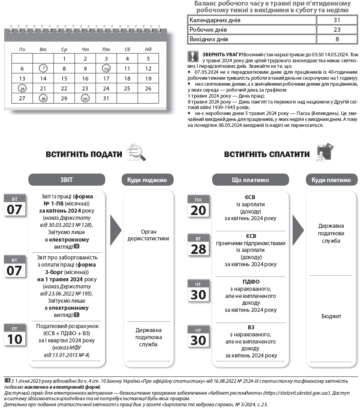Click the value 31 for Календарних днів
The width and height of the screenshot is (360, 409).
(x=337, y=20)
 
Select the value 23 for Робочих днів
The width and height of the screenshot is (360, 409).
(x=337, y=29)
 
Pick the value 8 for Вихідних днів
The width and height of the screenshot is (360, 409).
(x=337, y=39)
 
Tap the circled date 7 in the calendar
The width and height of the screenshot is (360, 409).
(x=43, y=68)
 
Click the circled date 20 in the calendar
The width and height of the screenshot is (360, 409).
(x=22, y=88)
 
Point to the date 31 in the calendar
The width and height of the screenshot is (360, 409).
(x=106, y=98)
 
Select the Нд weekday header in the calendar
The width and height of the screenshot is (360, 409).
(x=148, y=49)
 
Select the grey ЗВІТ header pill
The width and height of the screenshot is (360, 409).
(x=67, y=180)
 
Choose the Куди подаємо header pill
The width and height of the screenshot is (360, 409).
(x=147, y=180)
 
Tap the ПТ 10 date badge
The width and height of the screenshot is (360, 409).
(x=15, y=335)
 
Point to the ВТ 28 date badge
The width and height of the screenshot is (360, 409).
(x=198, y=246)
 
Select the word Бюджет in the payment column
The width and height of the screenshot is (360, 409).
(x=331, y=316)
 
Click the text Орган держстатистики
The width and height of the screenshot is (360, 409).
(x=149, y=235)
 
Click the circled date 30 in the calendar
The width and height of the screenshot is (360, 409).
(x=85, y=98)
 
